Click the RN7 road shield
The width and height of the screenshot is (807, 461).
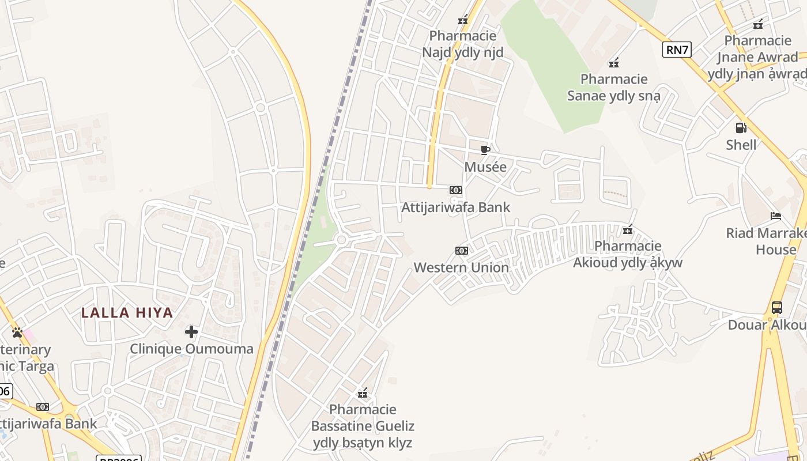[677, 50]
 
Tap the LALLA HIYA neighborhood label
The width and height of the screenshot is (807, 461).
[127, 313]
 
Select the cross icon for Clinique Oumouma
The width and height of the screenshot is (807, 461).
[191, 332]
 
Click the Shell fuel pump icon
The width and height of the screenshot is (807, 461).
[741, 128]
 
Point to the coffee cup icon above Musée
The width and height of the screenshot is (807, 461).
[485, 150]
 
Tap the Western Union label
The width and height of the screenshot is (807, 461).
[461, 267]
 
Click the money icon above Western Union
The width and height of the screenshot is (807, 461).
[461, 251]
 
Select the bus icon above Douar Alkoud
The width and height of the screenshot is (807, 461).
[777, 308]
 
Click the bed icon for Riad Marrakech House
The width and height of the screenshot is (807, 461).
[776, 216]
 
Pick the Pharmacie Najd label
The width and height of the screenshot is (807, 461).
[462, 44]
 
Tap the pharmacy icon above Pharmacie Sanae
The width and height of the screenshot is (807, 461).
[614, 63]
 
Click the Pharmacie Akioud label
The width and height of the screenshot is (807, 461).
[627, 255]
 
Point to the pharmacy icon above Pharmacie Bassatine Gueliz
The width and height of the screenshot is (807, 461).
[363, 394]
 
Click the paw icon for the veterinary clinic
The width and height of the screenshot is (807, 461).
[17, 332]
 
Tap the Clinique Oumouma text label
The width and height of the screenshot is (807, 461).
[191, 349]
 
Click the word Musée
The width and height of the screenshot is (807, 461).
[485, 167]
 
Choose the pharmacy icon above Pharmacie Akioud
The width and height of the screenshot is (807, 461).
[628, 230]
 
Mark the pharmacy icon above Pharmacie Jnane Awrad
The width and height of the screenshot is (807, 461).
[758, 24]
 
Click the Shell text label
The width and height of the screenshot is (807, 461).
[741, 145]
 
